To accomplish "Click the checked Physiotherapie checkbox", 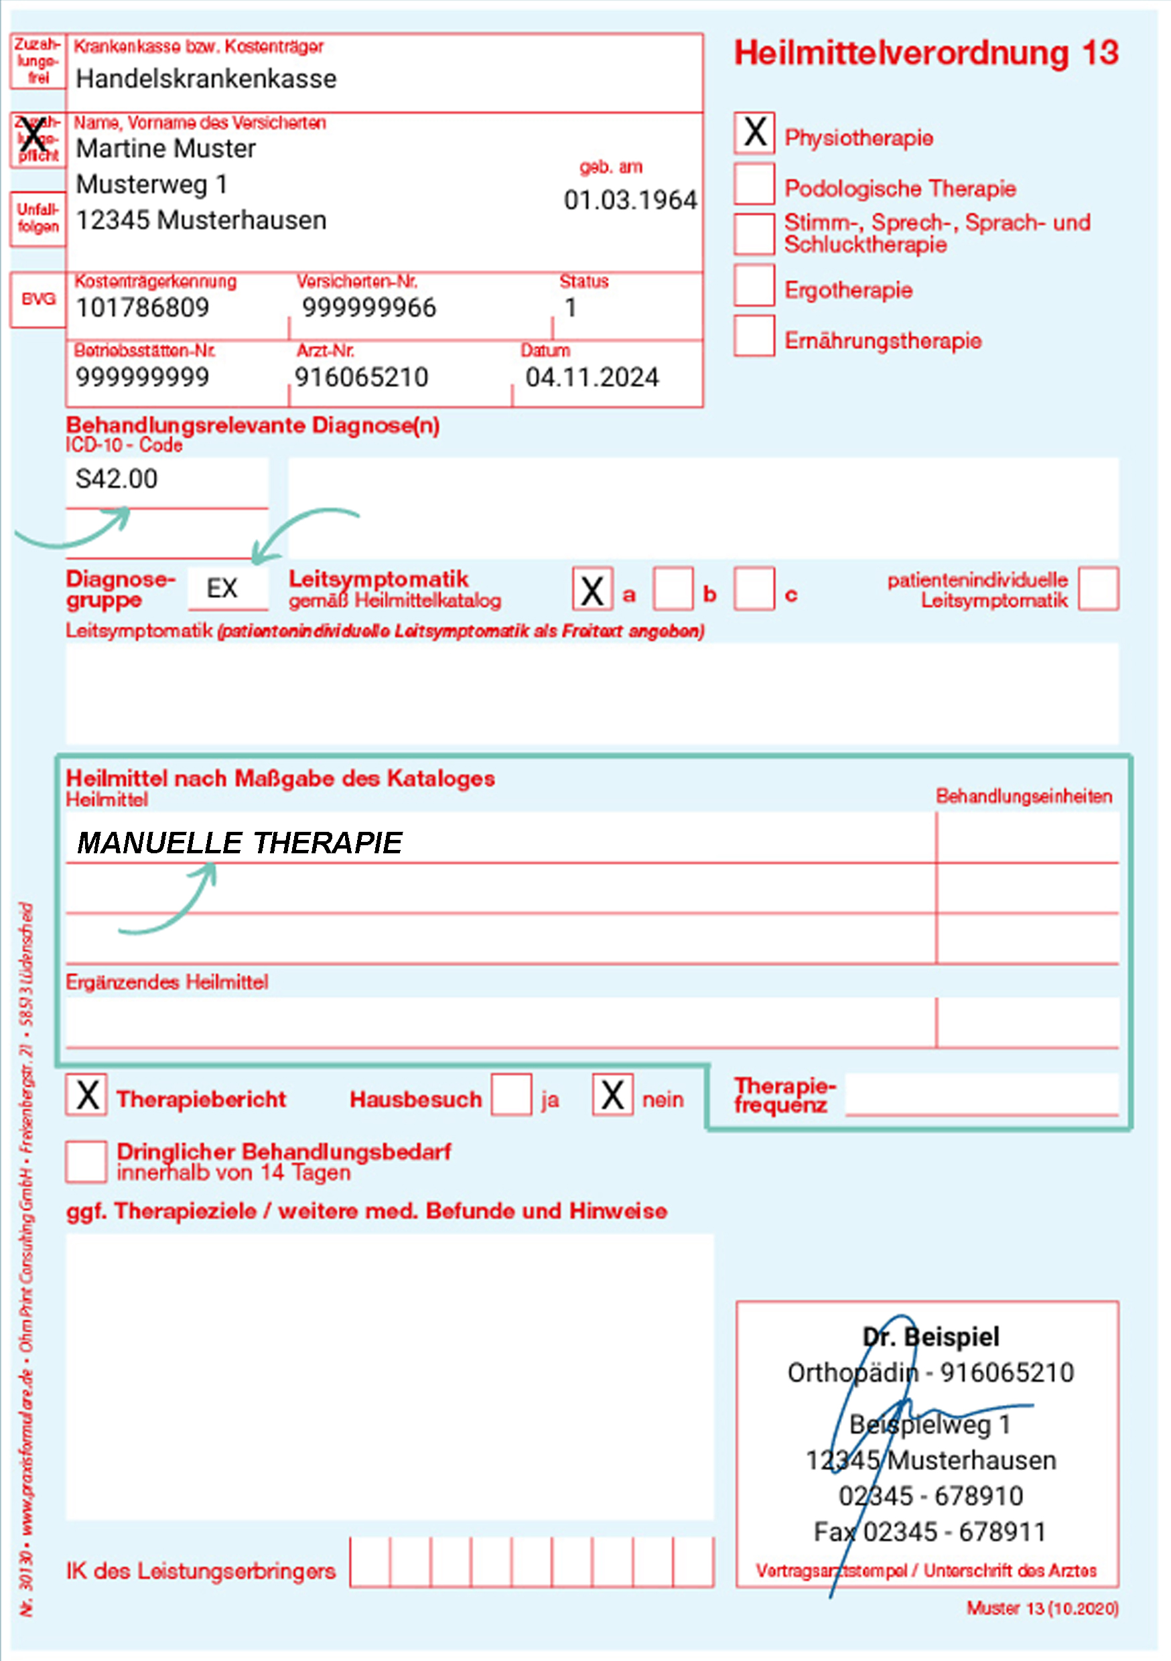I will (x=754, y=133).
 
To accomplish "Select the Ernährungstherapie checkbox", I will (x=754, y=335).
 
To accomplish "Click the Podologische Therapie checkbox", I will (x=754, y=183).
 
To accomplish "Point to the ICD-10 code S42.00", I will (x=117, y=479).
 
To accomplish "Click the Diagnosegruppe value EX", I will (x=222, y=588).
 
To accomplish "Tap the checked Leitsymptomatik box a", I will (x=592, y=589).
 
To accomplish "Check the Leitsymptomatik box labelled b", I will (x=673, y=589).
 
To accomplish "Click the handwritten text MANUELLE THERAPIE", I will (x=240, y=843).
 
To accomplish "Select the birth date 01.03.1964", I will (x=630, y=200).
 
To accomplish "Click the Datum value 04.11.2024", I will (x=592, y=378).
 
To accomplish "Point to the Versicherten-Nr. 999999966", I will (x=369, y=308).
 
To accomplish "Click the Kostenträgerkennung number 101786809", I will (x=143, y=308).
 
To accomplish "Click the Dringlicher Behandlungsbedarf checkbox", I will (x=87, y=1162).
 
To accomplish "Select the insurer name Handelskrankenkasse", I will (x=206, y=79).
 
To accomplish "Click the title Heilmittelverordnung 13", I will (x=926, y=54).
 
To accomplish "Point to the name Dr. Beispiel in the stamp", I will (x=931, y=1337).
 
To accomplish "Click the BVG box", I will (x=38, y=299).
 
